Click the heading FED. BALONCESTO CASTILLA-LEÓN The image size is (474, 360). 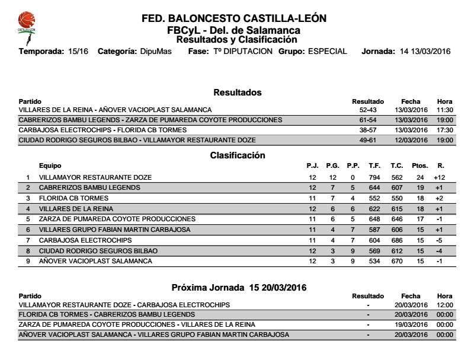point(234,18)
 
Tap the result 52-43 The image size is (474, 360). point(368,110)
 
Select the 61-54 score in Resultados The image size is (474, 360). point(368,120)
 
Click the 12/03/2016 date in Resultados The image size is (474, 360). point(411,140)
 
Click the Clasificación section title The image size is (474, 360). point(237,155)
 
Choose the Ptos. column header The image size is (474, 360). point(419,166)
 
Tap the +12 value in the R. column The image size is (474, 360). point(439,177)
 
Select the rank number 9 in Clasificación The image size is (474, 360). point(28,262)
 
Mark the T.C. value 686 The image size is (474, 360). point(396,240)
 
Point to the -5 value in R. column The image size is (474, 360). point(439,240)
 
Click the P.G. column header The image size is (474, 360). point(332,166)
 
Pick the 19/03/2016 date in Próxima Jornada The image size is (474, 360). point(411,324)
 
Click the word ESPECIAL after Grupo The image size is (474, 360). point(327,52)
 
